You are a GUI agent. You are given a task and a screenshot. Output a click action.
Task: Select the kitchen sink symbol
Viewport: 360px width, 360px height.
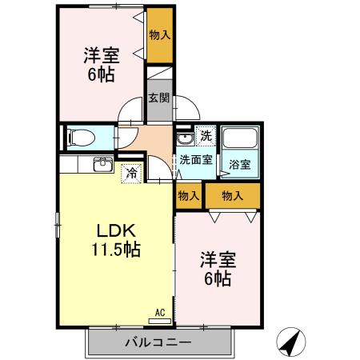[102, 165]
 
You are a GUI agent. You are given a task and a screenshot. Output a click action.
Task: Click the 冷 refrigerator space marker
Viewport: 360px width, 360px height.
[130, 172]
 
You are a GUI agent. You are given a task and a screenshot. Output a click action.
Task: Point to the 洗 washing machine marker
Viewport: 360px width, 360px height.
[205, 136]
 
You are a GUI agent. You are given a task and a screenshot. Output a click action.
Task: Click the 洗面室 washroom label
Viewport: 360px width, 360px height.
[195, 160]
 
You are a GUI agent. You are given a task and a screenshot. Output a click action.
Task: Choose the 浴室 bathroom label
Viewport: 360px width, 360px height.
[239, 165]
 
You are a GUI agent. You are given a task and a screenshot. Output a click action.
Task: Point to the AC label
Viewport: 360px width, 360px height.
[158, 313]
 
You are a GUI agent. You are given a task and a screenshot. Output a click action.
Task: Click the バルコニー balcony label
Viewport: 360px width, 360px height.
[157, 342]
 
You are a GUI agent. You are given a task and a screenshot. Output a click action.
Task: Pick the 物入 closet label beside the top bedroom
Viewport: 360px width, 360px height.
[159, 35]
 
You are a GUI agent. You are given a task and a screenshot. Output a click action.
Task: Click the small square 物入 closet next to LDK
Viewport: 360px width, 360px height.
[189, 196]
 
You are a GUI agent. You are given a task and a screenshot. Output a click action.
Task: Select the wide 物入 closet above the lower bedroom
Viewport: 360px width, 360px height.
[232, 196]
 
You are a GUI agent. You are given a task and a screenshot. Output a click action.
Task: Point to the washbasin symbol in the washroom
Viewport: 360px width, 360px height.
[185, 137]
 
